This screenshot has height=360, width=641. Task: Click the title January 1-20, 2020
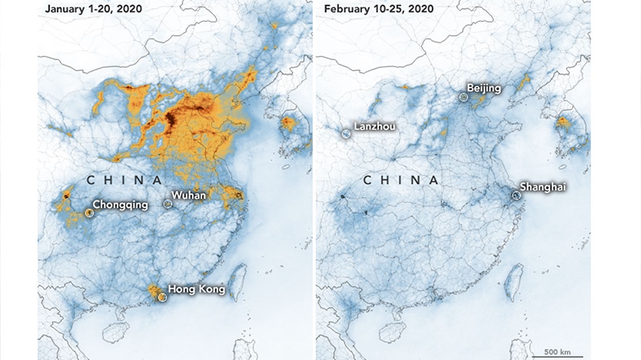click(x=89, y=9)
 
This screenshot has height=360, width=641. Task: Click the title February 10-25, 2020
click(x=378, y=9)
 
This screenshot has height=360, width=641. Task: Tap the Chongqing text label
click(x=121, y=205)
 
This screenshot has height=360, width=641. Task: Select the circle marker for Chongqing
click(x=88, y=213)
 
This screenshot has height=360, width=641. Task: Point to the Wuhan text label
click(x=187, y=194)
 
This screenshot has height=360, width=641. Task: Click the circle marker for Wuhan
click(x=168, y=204)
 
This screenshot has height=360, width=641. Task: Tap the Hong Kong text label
click(x=196, y=290)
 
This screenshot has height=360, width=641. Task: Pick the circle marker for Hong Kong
click(x=162, y=297)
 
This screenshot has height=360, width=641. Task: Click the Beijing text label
click(x=484, y=88)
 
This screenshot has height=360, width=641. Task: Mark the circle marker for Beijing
click(x=463, y=97)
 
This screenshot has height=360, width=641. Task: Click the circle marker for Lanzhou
click(x=346, y=134)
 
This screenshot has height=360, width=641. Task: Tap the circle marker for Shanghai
click(x=515, y=193)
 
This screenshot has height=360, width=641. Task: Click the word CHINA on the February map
click(x=401, y=181)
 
